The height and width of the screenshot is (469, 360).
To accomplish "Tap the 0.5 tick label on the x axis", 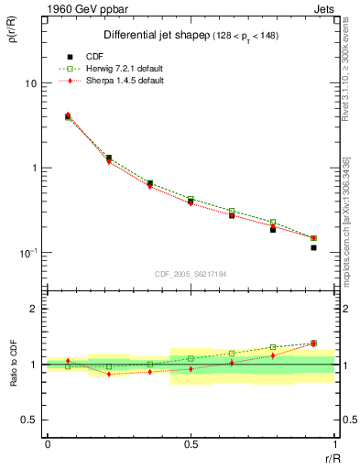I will [x=191, y=443].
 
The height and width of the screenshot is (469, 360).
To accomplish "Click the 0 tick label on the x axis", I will [x=48, y=443].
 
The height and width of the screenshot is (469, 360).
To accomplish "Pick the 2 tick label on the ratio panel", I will [x=34, y=310].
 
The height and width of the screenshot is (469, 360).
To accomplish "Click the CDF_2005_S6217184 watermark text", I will [x=191, y=273].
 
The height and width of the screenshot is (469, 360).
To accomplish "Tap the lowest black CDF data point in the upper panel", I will [x=313, y=247].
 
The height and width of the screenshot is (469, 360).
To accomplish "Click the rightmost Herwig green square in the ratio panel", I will [x=313, y=344].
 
